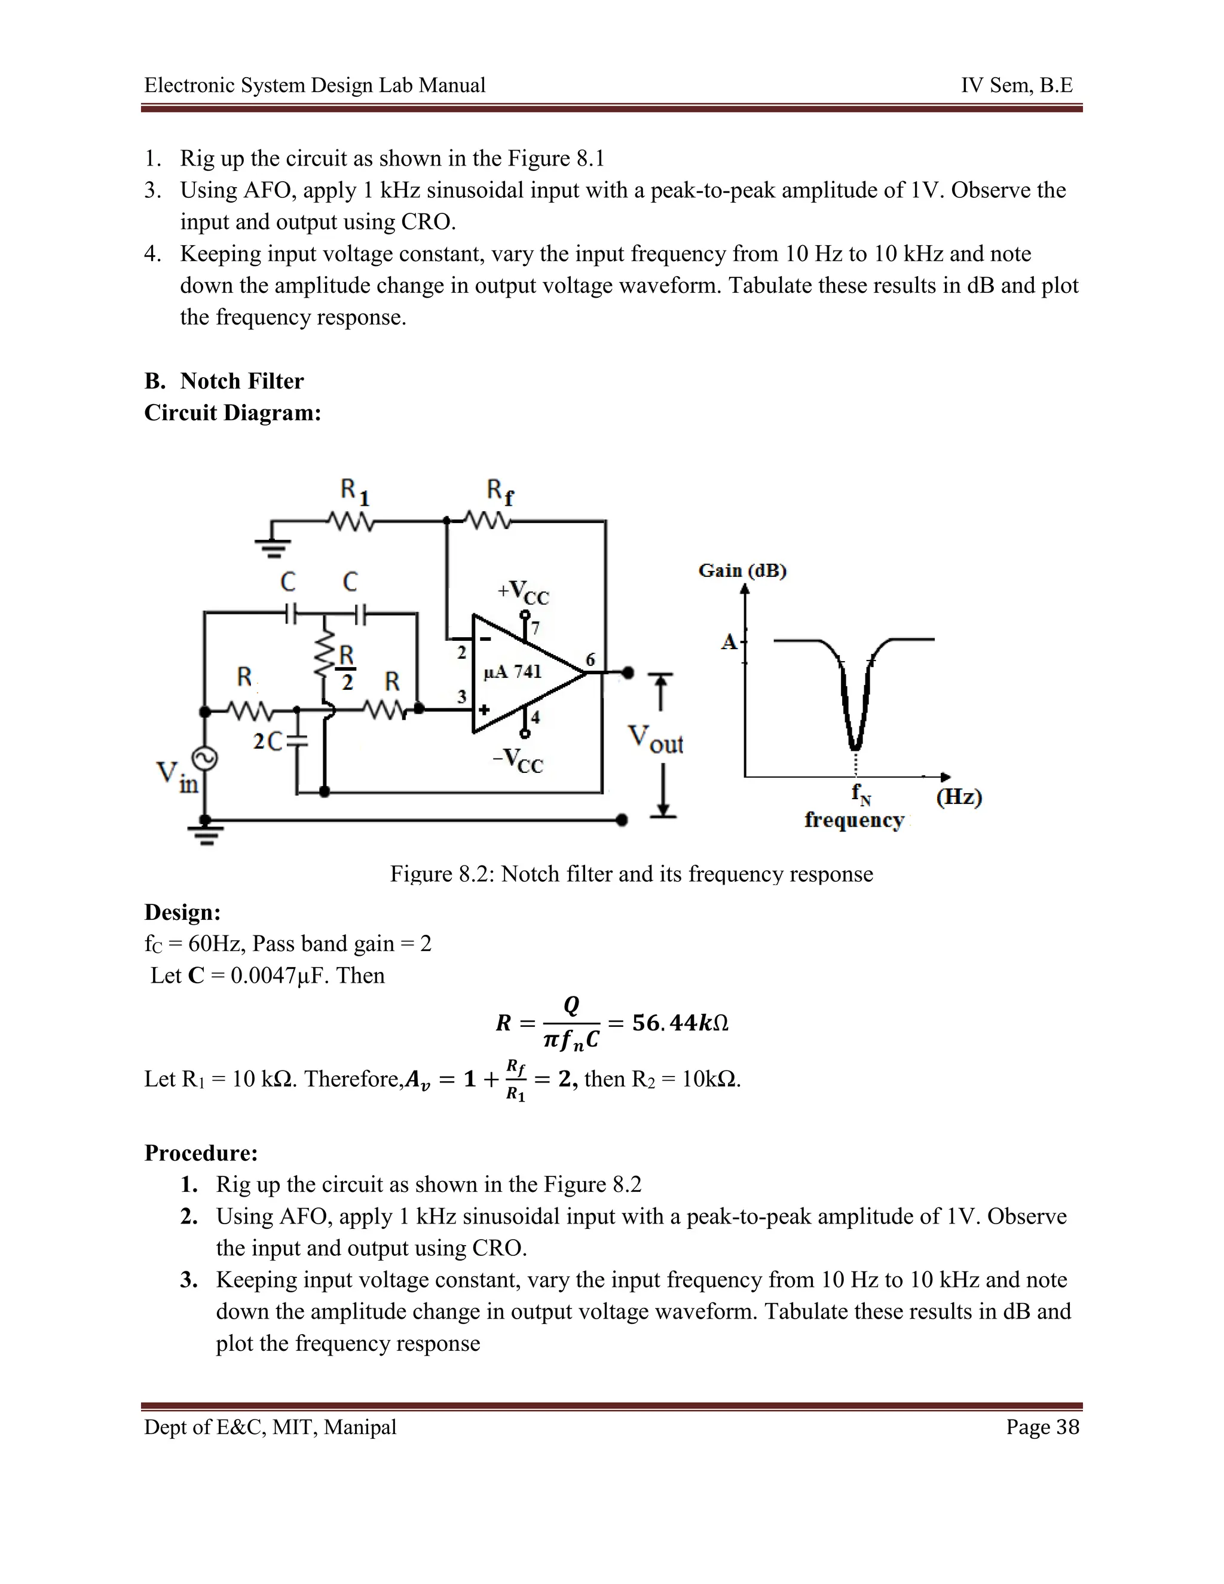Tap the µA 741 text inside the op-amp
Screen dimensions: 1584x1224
coord(513,672)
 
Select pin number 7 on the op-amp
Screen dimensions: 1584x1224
coord(536,628)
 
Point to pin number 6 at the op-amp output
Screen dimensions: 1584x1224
coord(590,659)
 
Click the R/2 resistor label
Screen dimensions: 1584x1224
coord(347,667)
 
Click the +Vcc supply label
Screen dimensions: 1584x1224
coord(523,592)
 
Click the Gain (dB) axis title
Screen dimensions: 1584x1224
coord(742,570)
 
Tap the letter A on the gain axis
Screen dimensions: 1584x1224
coord(728,641)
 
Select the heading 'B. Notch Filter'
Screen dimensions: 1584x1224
coord(224,381)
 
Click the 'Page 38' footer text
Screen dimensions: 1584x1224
coord(1042,1427)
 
